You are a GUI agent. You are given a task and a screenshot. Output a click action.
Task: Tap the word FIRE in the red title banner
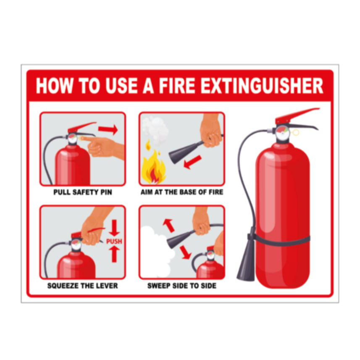177,85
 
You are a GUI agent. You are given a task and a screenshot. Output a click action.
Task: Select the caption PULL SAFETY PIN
83,192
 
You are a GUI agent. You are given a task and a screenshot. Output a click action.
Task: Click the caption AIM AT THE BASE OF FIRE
182,192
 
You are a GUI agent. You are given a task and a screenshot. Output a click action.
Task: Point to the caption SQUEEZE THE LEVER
83,286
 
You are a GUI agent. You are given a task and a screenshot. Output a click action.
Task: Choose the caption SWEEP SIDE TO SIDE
182,286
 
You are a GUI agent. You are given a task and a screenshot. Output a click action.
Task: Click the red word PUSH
114,241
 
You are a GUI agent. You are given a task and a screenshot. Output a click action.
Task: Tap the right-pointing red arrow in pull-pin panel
108,129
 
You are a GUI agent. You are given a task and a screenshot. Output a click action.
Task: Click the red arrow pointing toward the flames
193,162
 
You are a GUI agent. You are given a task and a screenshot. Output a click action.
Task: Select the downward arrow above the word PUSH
114,228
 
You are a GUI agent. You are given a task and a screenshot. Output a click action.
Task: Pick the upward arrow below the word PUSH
114,254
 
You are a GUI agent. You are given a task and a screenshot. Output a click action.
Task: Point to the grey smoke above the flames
155,130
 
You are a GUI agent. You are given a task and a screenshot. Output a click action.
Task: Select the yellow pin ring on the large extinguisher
296,132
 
